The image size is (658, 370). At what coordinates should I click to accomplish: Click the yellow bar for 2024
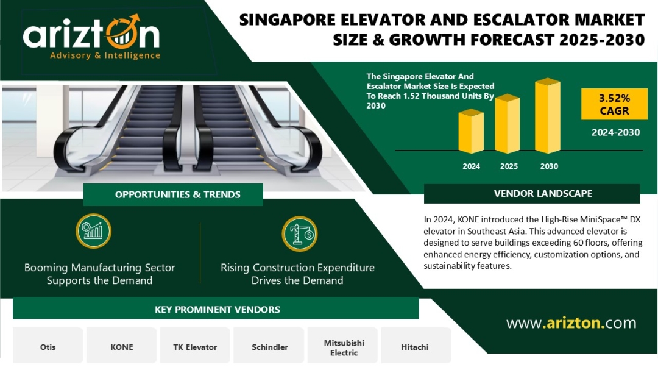click(471, 131)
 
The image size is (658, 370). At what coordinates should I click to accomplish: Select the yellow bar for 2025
click(508, 124)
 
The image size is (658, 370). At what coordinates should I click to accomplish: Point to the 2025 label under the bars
click(509, 166)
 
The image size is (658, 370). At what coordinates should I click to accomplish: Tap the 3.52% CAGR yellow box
click(614, 104)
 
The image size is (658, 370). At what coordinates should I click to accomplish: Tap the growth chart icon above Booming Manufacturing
click(94, 231)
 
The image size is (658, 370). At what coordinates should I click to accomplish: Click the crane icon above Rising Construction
click(300, 233)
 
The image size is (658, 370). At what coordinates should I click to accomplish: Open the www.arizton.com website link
click(571, 323)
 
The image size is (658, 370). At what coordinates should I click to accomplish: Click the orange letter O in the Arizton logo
click(122, 33)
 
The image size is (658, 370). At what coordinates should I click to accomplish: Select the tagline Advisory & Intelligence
click(105, 55)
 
